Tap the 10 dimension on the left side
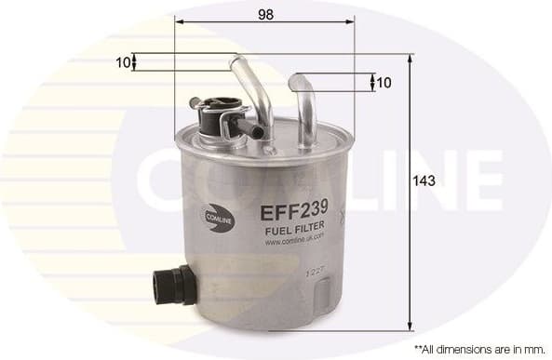(x=121, y=62)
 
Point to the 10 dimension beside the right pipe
(x=384, y=83)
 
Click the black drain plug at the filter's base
(x=173, y=283)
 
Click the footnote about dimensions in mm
(x=478, y=347)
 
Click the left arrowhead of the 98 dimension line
(x=179, y=25)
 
